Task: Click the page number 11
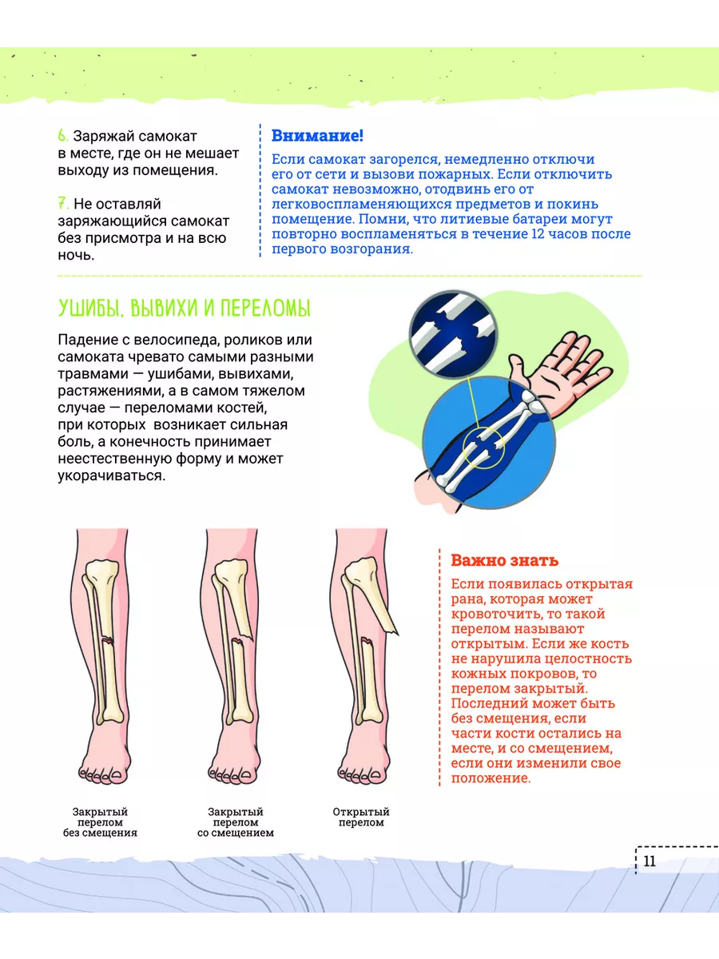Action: [649, 862]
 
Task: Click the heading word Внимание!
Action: [317, 135]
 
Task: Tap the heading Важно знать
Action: [505, 560]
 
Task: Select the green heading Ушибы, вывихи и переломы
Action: [185, 308]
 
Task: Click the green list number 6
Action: [63, 135]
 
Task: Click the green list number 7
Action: [63, 203]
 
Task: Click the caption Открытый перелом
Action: [361, 817]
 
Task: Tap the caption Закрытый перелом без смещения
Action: [100, 822]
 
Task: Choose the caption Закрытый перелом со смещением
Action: [236, 822]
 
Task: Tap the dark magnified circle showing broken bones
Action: [453, 334]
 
